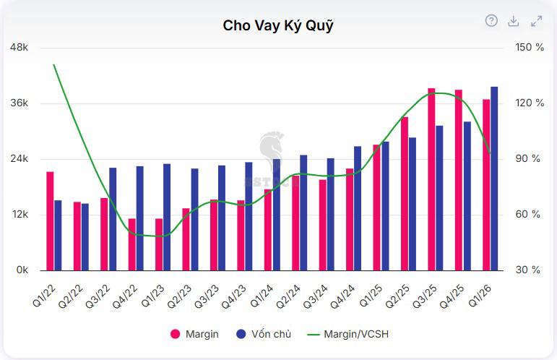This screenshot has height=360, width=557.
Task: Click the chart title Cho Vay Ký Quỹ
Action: (x=278, y=25)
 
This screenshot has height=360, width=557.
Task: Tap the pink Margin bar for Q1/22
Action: (x=50, y=221)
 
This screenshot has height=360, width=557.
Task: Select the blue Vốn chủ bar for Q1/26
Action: (x=494, y=179)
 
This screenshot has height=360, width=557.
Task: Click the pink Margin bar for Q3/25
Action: (x=431, y=179)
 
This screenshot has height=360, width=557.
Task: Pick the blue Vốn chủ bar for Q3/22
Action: (x=113, y=219)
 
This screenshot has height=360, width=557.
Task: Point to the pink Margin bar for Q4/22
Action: (x=131, y=244)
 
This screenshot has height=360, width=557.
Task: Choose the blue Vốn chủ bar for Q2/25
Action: (x=413, y=204)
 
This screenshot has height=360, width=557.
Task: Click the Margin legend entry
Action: (x=194, y=334)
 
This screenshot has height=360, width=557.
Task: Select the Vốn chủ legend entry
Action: (x=264, y=334)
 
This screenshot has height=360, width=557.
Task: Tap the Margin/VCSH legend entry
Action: (x=347, y=334)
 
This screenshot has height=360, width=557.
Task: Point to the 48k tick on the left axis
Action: (x=19, y=47)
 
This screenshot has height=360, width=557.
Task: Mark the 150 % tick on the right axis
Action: (x=530, y=47)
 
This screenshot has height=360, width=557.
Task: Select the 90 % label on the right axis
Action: (x=528, y=158)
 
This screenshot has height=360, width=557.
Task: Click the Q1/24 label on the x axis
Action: (x=262, y=296)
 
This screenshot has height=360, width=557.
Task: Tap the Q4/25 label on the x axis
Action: (x=452, y=296)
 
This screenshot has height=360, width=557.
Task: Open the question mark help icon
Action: (x=491, y=21)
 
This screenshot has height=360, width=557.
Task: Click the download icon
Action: (x=514, y=21)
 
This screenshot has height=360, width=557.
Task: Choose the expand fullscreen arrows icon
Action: (x=536, y=21)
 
